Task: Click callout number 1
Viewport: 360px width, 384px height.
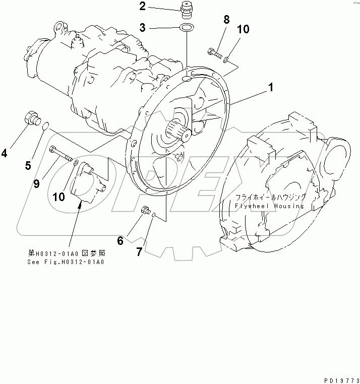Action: click(x=271, y=88)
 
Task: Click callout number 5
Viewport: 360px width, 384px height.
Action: click(x=28, y=165)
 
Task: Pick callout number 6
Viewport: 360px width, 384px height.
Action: click(x=120, y=241)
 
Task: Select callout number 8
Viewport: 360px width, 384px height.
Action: click(x=226, y=20)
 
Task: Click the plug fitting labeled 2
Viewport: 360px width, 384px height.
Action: click(x=187, y=9)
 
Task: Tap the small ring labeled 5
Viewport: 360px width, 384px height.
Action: click(x=45, y=126)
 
